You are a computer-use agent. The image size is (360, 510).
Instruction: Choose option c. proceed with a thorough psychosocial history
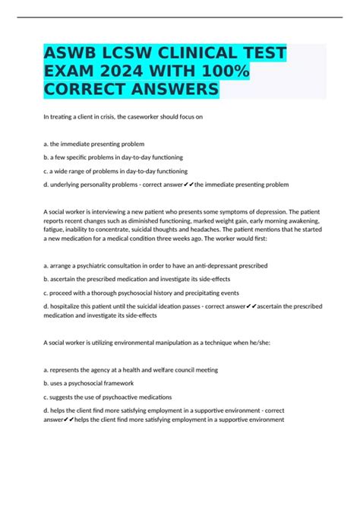pyautogui.click(x=142, y=293)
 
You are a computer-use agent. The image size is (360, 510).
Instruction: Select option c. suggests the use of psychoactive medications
pyautogui.click(x=108, y=397)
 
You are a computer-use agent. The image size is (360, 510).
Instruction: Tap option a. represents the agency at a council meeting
pyautogui.click(x=131, y=369)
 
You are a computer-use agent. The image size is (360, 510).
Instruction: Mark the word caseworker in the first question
pyautogui.click(x=141, y=116)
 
